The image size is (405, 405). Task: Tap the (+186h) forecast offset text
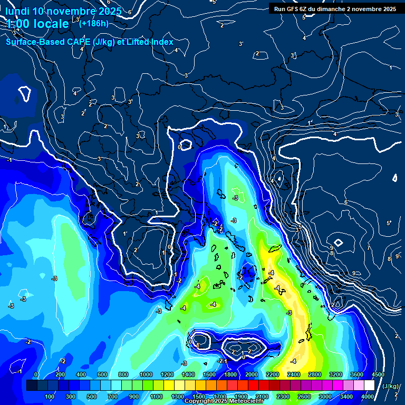tap(94, 23)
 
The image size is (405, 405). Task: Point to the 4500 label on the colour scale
tap(378, 374)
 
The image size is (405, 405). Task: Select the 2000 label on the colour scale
tap(252, 374)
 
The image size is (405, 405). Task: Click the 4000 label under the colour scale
tap(368, 397)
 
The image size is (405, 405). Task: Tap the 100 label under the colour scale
tap(50, 397)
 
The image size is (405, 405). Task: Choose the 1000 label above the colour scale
tap(146, 374)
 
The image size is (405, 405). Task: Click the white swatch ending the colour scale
tap(369, 386)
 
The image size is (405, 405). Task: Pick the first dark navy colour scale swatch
tap(32, 386)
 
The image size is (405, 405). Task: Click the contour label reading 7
tap(369, 248)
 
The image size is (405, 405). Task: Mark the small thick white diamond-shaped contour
tap(338, 243)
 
